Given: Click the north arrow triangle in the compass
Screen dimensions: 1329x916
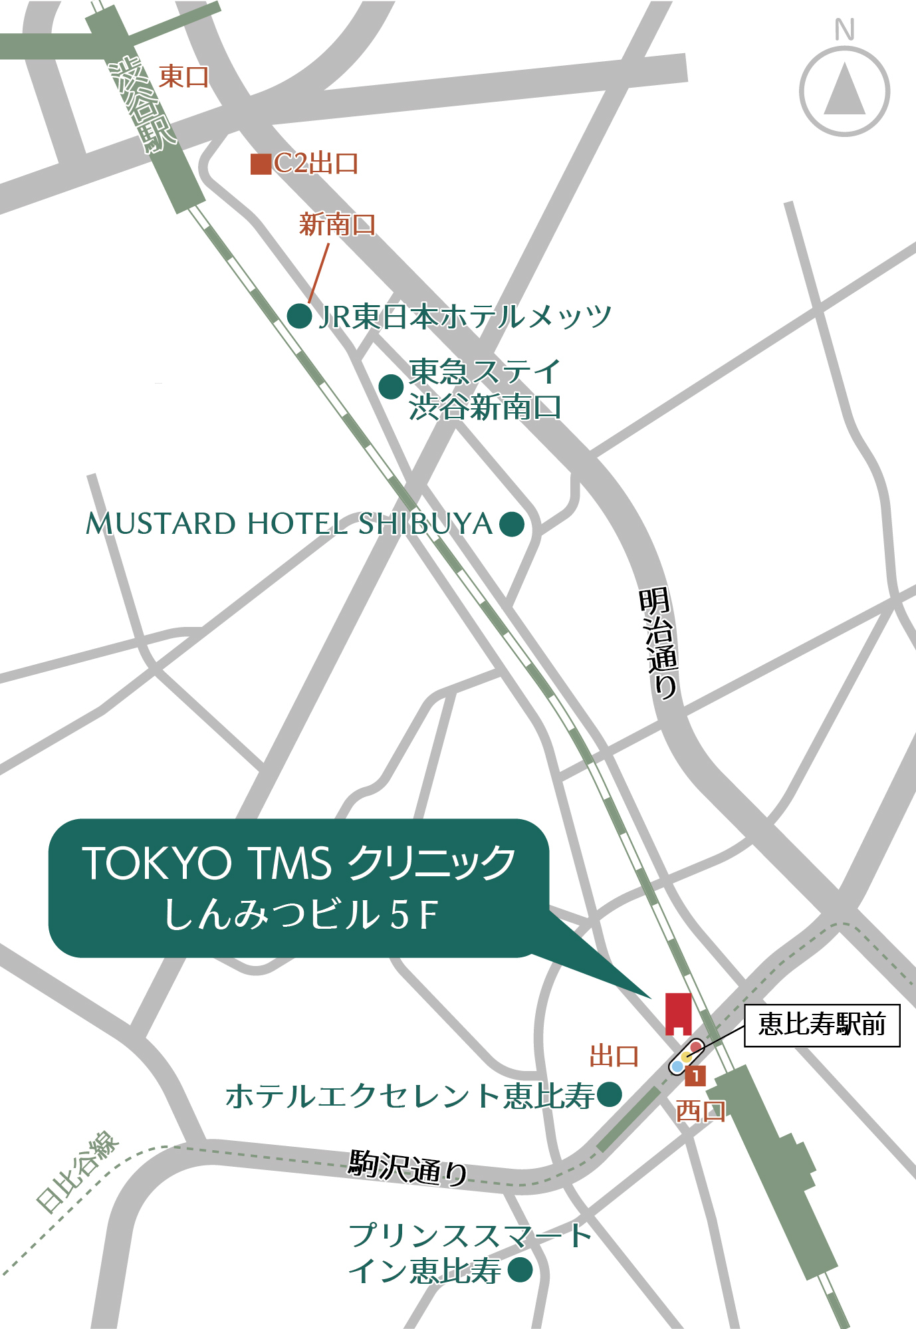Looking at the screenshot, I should click(x=844, y=90).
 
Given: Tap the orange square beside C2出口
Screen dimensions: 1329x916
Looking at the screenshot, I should click(x=261, y=164).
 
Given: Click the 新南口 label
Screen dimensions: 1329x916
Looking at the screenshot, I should click(x=337, y=225).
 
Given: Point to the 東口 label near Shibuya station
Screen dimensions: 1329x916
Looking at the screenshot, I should click(x=184, y=77).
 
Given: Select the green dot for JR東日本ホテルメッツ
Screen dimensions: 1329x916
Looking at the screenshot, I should click(x=300, y=316).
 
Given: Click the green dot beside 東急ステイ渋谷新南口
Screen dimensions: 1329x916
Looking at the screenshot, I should click(x=391, y=386).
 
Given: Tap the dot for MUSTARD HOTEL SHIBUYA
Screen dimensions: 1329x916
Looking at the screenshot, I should click(x=511, y=524).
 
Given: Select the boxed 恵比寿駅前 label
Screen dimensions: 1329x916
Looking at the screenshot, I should click(x=822, y=1025).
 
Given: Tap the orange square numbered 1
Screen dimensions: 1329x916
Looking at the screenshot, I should click(x=695, y=1075).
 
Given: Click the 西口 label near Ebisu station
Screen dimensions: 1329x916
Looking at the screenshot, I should click(x=701, y=1110).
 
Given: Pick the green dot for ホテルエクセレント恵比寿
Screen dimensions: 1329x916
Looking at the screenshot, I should click(x=609, y=1094).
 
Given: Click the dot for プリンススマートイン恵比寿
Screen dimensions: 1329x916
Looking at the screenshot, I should click(x=520, y=1270).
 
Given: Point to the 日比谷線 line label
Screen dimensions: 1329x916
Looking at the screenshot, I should click(x=77, y=1171).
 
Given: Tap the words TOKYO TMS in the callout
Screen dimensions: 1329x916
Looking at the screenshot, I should click(x=207, y=864).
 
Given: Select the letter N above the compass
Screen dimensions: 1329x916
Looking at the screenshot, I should click(x=844, y=30).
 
